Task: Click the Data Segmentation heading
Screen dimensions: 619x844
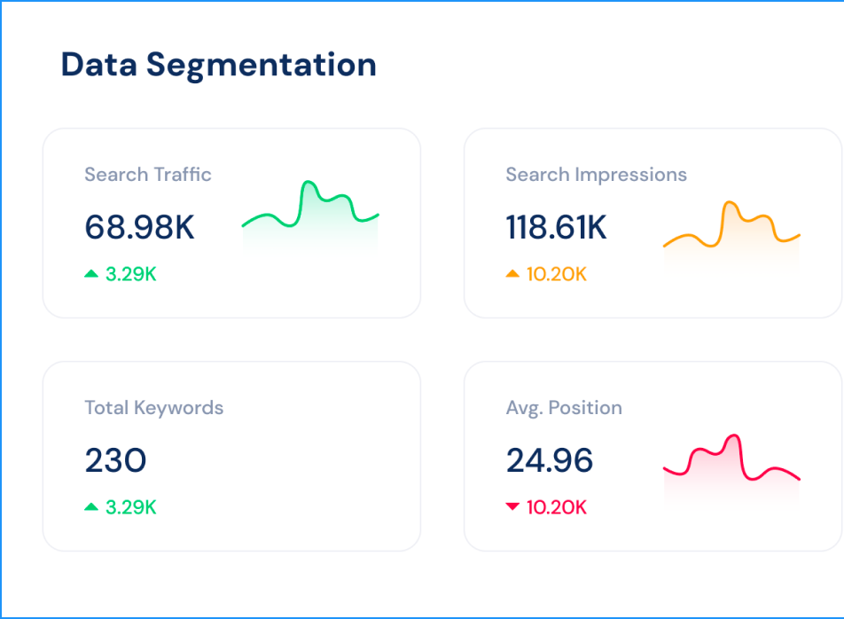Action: pos(218,65)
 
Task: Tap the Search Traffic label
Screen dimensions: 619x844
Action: pos(148,174)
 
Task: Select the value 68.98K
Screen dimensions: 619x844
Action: pos(139,228)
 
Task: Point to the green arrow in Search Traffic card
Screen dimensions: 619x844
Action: pos(91,274)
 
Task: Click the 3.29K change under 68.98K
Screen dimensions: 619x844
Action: pos(130,274)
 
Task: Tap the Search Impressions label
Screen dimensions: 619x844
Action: pos(596,174)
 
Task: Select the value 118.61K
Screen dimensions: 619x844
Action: pos(556,228)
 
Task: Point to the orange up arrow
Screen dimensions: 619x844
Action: pos(512,274)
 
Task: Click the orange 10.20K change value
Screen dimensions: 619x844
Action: pos(556,274)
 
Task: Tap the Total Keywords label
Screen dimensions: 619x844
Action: pos(153,408)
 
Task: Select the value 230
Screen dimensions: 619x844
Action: pos(115,461)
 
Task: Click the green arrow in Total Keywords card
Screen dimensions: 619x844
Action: pos(91,507)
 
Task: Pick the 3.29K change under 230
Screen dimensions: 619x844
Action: pos(130,507)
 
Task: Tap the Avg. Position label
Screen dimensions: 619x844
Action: pos(564,408)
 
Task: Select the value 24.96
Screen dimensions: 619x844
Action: pos(549,461)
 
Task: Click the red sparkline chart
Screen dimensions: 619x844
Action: pos(731,461)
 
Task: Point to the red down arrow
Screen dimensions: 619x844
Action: pos(512,507)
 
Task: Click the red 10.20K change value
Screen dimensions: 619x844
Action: pos(556,507)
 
